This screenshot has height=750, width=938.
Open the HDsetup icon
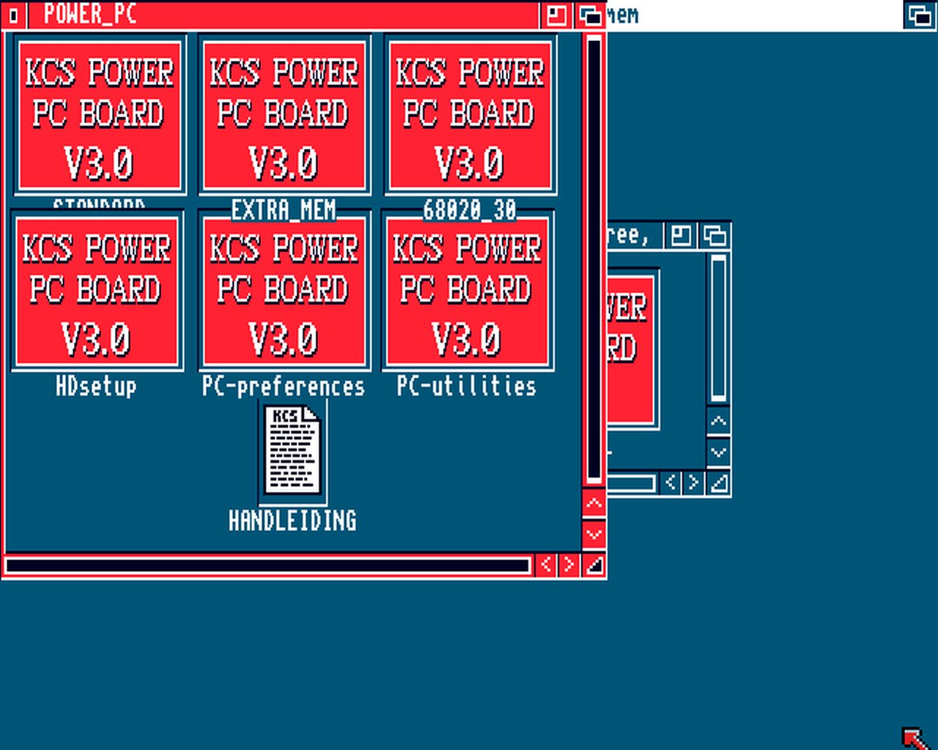click(97, 291)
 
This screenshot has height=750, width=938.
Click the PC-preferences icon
click(284, 291)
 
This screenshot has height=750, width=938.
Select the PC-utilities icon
click(467, 291)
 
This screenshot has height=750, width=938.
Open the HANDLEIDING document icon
click(293, 450)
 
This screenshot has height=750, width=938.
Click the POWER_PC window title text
click(90, 14)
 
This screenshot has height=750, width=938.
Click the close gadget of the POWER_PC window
click(13, 15)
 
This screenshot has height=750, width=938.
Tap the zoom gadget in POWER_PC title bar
click(556, 15)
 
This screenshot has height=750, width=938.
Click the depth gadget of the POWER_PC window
click(590, 15)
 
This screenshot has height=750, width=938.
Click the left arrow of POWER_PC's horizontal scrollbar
click(545, 565)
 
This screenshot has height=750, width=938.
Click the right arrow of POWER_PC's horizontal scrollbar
click(569, 565)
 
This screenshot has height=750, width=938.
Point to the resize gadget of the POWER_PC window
click(594, 565)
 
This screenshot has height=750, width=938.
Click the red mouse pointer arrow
click(912, 736)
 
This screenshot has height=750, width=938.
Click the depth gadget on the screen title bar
click(920, 15)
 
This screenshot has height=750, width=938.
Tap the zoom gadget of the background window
click(681, 236)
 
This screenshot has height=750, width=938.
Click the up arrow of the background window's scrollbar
click(718, 421)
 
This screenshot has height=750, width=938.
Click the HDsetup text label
click(97, 386)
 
